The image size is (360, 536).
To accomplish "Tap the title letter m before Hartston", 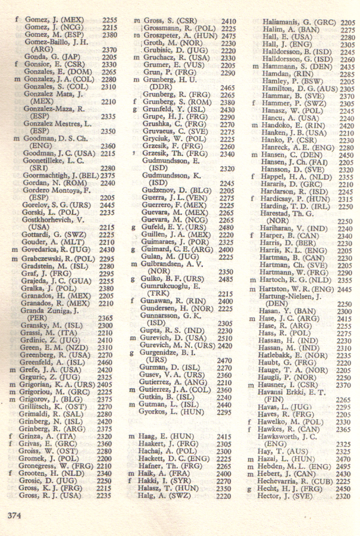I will point(253,288).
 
